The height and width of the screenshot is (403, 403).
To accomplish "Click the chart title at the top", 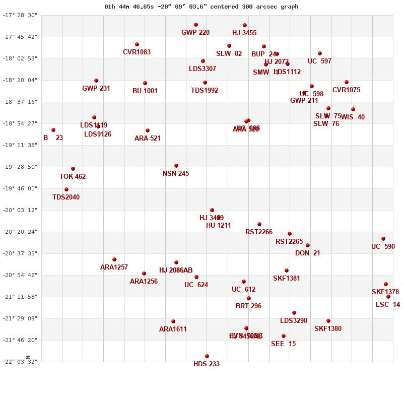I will click(x=201, y=7).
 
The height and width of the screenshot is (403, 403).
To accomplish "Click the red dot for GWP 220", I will click(x=196, y=25).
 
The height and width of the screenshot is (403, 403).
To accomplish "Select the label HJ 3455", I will click(x=244, y=33).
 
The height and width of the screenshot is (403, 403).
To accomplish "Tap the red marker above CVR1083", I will click(x=137, y=44).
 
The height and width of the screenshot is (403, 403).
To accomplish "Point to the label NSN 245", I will click(x=176, y=174).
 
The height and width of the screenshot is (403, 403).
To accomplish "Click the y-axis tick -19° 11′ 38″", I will click(x=20, y=145).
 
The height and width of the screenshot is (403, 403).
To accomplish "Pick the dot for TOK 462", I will click(x=73, y=169).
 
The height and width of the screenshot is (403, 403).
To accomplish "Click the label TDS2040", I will click(x=66, y=197).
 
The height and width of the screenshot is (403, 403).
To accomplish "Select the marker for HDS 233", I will click(x=207, y=356).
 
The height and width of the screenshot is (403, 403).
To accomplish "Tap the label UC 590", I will click(x=383, y=247).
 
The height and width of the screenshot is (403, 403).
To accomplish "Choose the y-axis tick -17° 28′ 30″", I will click(x=20, y=15).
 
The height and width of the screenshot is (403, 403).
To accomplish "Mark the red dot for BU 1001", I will click(x=145, y=83).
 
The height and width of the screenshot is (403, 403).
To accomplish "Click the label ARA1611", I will click(x=173, y=329).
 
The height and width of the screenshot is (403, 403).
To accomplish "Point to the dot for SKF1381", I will click(x=287, y=271).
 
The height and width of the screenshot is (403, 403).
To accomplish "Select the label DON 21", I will click(x=307, y=253).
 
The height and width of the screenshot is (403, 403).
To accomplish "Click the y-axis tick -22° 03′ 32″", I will click(x=20, y=362).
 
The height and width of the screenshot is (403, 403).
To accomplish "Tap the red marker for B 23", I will click(x=53, y=130).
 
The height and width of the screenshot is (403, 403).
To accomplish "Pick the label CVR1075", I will click(x=346, y=90).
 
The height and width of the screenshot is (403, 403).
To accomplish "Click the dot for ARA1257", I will click(x=114, y=259).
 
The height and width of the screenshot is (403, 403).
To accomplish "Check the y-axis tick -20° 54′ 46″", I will click(x=20, y=275).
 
